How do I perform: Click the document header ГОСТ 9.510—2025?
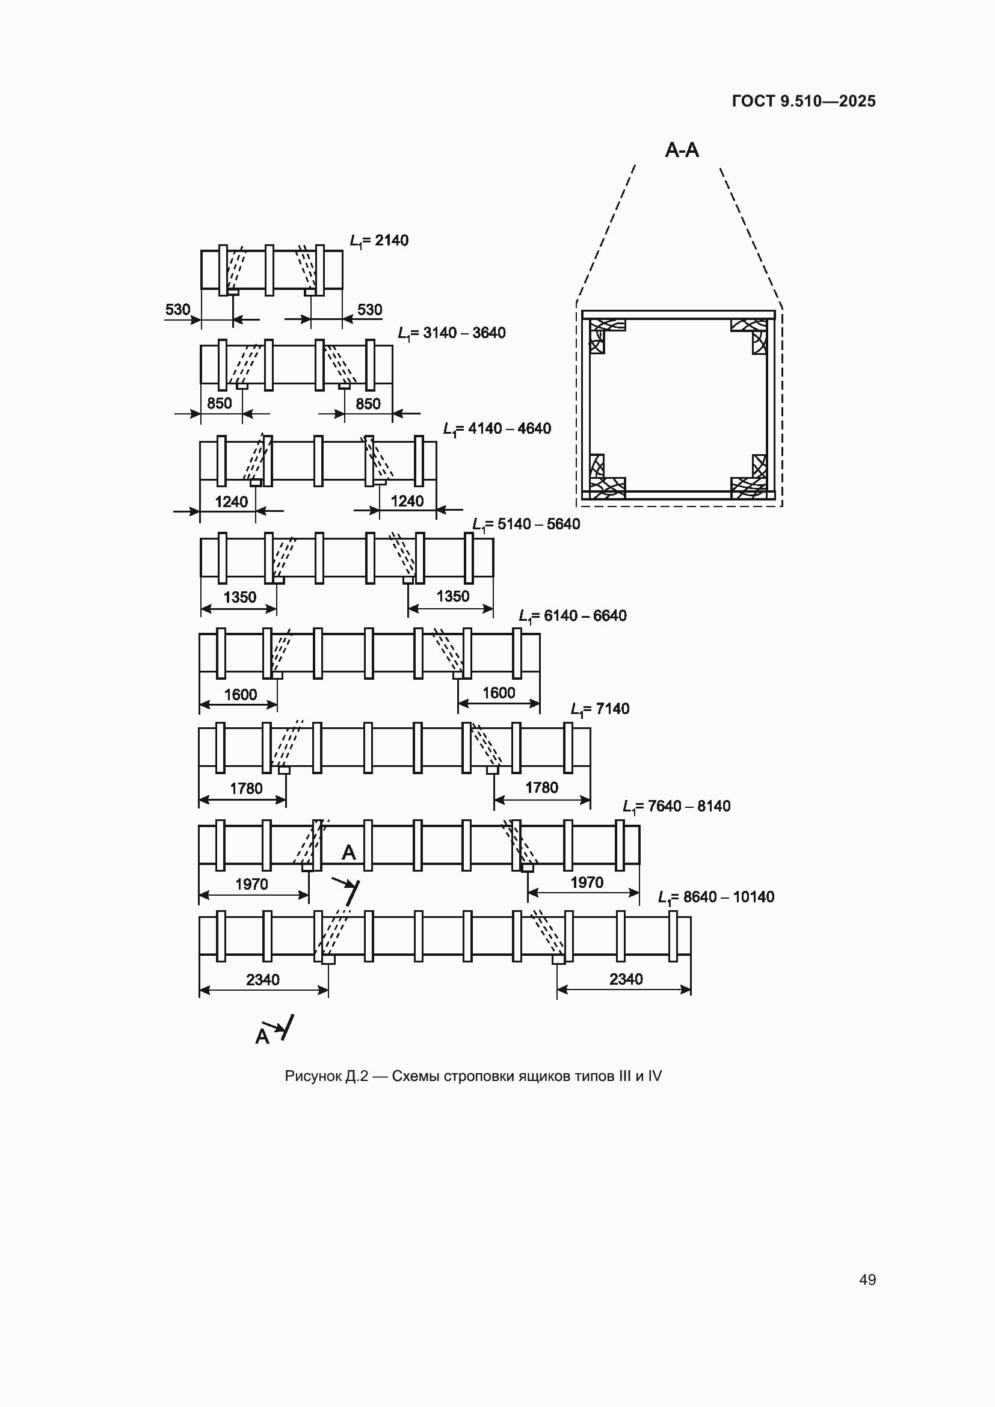click(x=804, y=101)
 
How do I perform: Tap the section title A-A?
click(x=682, y=150)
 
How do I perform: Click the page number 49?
click(x=867, y=1279)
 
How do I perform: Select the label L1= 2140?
click(x=378, y=241)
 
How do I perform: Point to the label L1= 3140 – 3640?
click(x=452, y=333)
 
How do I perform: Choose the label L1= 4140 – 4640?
click(x=497, y=429)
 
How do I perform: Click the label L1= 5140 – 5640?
click(x=526, y=525)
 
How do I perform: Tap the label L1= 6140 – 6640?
click(x=573, y=616)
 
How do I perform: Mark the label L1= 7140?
click(x=600, y=709)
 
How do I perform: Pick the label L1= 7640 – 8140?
click(x=676, y=807)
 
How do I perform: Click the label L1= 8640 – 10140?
click(x=716, y=897)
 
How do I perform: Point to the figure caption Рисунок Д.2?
click(x=327, y=1077)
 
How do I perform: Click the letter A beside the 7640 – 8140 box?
click(x=349, y=852)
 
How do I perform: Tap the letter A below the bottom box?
click(x=262, y=1036)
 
